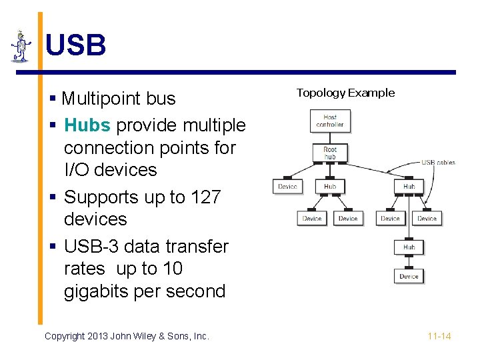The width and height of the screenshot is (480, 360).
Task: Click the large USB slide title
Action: (75, 46)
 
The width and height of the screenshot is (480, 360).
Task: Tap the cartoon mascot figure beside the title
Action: (21, 47)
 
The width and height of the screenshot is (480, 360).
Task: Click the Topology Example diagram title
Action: (345, 93)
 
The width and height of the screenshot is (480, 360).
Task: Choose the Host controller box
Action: (330, 121)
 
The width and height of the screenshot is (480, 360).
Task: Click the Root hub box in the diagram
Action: (330, 153)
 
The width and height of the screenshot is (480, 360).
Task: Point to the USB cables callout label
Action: (438, 162)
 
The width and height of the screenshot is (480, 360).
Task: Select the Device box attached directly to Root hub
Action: (287, 187)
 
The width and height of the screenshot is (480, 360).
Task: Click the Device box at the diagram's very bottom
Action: (409, 276)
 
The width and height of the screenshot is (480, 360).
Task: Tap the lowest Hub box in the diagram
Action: (409, 247)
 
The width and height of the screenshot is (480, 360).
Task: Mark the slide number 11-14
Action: (439, 337)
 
